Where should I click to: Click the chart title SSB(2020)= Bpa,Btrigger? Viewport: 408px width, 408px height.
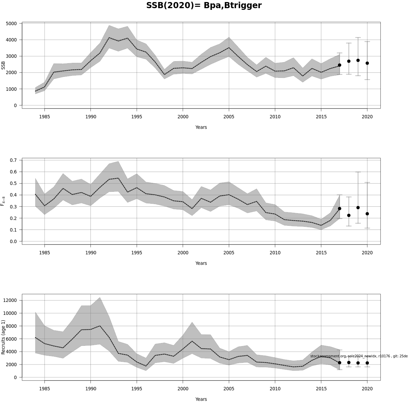point(204,6)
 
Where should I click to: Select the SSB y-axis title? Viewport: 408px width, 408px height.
point(3,65)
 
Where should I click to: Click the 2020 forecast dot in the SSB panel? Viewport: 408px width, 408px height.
point(367,63)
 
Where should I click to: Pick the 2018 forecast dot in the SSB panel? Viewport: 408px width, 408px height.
point(349,61)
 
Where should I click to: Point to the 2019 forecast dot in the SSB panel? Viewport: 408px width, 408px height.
point(358,61)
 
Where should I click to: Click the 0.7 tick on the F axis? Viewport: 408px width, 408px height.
point(14,160)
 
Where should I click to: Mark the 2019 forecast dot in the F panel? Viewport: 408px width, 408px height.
point(358,207)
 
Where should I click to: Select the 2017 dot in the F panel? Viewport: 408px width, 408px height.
point(339,208)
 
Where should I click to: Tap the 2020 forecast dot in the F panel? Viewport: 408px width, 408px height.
point(367,214)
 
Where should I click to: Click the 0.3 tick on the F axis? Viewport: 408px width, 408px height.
point(14,207)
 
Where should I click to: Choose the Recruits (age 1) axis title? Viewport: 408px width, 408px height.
point(3,337)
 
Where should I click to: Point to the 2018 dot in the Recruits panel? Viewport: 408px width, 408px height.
point(349,362)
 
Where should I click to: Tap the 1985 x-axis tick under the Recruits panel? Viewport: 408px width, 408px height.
point(45,389)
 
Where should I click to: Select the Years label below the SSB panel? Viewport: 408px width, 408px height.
point(201,127)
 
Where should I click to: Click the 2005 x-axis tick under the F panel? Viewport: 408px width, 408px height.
point(229,253)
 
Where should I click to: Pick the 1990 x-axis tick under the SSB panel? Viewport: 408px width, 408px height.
point(90,117)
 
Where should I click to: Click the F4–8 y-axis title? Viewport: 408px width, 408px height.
point(3,201)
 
